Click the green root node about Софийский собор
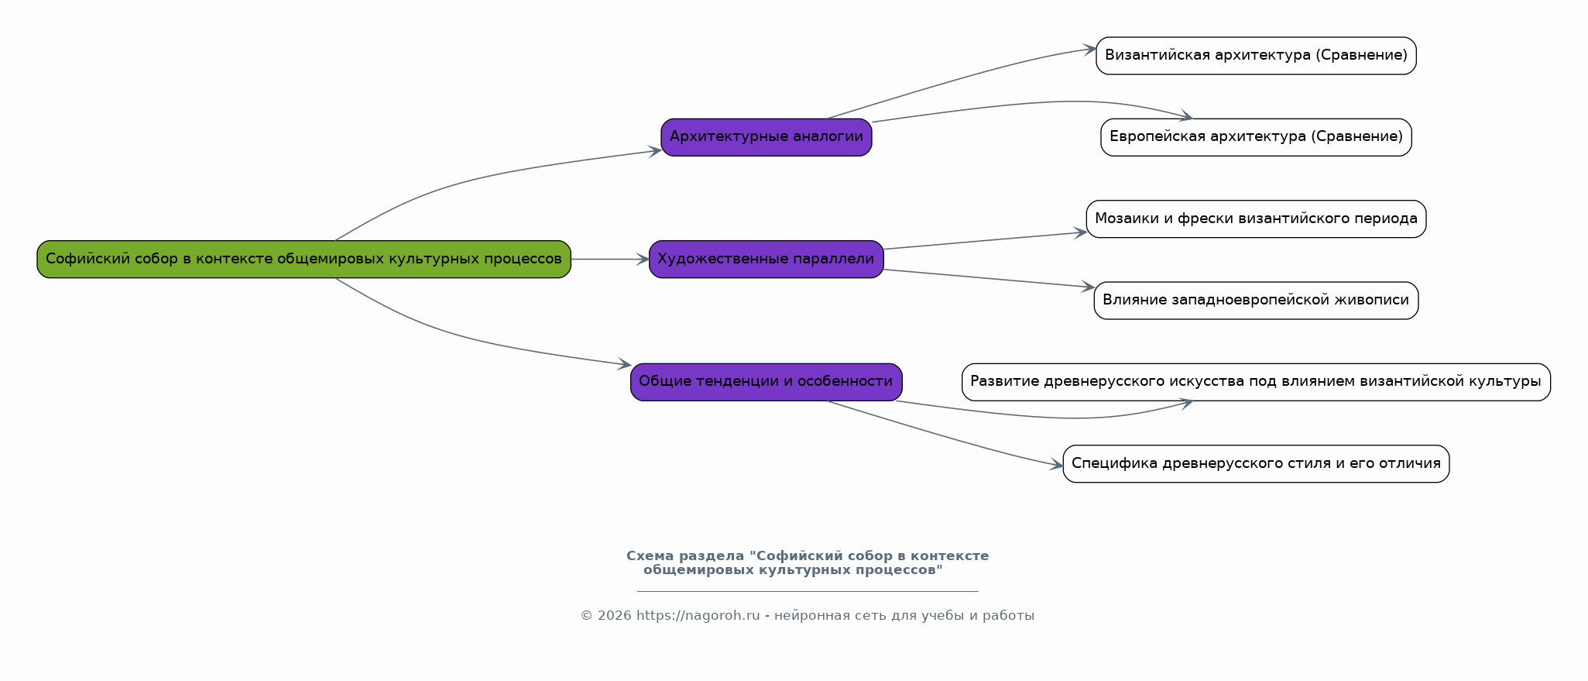(304, 259)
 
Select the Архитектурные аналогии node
(767, 137)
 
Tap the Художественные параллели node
(767, 259)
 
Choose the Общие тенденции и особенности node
(767, 382)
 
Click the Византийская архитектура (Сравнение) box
(1256, 56)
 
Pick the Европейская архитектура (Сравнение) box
(1256, 137)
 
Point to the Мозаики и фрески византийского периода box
(1256, 218)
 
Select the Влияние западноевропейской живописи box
(1256, 301)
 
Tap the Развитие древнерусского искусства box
(1256, 382)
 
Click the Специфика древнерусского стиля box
(1256, 463)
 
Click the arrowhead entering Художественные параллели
(643, 260)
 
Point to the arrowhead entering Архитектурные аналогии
(655, 150)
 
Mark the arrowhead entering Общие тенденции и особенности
(625, 363)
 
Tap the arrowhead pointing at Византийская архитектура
(1089, 49)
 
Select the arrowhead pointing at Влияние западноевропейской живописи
(1087, 287)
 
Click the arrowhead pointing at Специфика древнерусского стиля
(1056, 466)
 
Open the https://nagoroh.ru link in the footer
(698, 616)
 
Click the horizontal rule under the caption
(808, 591)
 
